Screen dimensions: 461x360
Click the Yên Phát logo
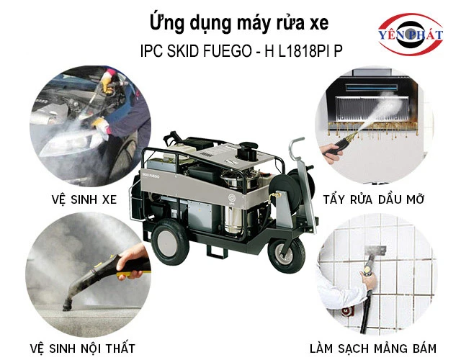[x=411, y=34]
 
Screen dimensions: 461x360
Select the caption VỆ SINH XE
[x=84, y=199]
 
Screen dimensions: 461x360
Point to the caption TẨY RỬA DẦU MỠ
[x=374, y=199]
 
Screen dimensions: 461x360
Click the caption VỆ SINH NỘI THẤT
[x=83, y=348]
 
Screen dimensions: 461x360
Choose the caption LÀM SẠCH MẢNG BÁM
[x=373, y=348]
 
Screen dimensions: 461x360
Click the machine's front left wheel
[x=170, y=243]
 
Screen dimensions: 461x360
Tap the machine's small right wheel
[x=286, y=256]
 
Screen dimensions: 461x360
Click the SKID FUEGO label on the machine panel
[x=151, y=176]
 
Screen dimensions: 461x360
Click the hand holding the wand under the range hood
[x=331, y=153]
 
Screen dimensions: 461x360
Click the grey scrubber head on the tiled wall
[x=375, y=251]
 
